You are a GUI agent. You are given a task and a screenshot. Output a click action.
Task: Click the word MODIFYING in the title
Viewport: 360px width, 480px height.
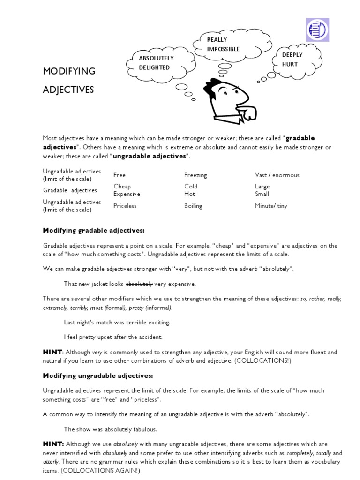(69, 71)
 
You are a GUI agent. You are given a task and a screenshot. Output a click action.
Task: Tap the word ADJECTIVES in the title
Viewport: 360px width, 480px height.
(68, 90)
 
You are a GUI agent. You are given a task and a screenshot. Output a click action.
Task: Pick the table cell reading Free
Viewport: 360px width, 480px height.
(120, 175)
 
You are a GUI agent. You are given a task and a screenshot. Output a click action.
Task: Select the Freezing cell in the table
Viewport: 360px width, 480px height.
(195, 175)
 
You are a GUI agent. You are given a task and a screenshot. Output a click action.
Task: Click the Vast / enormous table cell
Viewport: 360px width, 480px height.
(277, 175)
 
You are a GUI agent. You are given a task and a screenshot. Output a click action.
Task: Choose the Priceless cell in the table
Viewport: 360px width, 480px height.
(125, 205)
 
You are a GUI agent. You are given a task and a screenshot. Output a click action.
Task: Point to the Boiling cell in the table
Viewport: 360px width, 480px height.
(193, 205)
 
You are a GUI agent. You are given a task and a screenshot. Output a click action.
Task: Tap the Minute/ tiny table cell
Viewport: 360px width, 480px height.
(271, 205)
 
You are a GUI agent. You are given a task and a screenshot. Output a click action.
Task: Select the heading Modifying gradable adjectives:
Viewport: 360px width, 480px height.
(94, 231)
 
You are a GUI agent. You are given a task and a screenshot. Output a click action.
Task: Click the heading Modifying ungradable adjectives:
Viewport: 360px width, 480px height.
(97, 375)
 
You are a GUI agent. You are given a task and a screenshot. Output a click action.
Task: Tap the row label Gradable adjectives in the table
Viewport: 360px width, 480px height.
(70, 190)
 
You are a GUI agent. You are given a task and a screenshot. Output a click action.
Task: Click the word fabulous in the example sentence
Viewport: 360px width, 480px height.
(145, 429)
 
